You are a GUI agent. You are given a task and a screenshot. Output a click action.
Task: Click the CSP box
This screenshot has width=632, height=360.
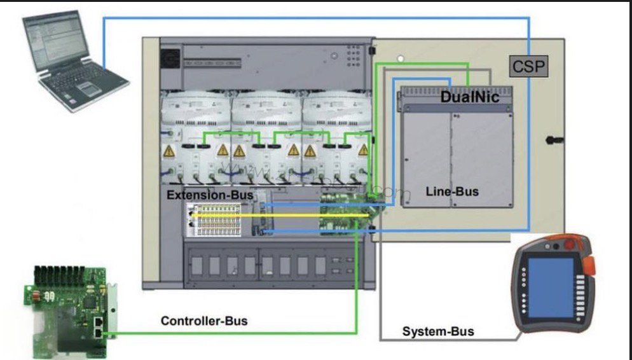[528, 66]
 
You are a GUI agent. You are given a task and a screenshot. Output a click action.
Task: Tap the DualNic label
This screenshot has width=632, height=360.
[470, 97]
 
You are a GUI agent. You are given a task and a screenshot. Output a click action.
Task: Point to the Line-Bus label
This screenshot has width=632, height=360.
[452, 191]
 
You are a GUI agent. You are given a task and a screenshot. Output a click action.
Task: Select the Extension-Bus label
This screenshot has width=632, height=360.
[210, 194]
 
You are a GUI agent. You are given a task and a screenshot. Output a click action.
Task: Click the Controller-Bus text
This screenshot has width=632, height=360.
[204, 321]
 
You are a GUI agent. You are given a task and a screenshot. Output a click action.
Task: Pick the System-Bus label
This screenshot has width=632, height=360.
[438, 331]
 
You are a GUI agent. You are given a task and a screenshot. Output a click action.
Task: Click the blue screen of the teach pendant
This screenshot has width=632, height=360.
[551, 287]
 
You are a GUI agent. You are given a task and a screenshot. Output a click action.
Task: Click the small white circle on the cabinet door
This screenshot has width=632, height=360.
[400, 59]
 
